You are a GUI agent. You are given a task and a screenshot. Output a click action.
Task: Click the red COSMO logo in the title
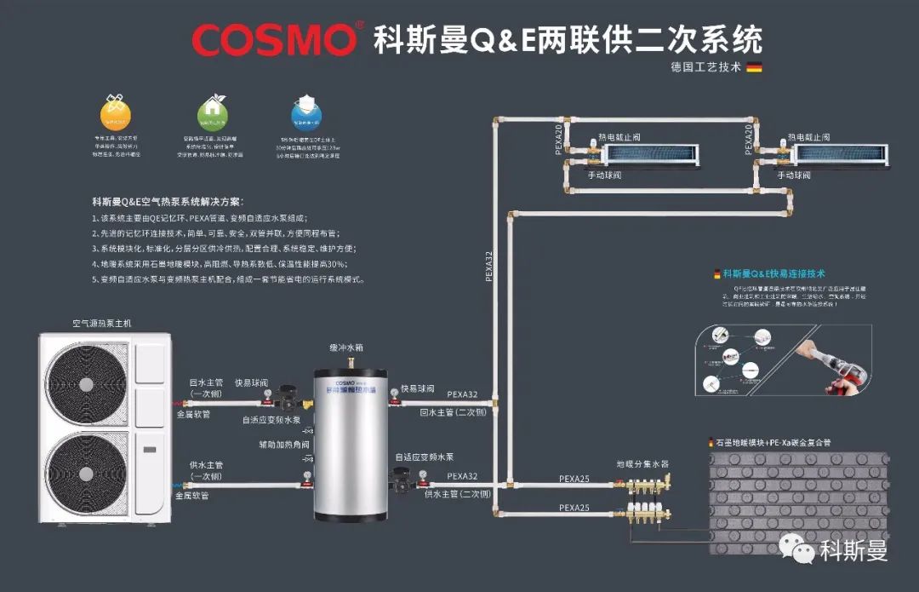(x=274, y=39)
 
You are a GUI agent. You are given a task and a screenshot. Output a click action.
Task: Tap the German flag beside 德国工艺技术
(x=754, y=67)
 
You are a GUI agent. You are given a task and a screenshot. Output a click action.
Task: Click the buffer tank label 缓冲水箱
(x=346, y=349)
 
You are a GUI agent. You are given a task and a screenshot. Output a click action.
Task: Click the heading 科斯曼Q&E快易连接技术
(x=773, y=274)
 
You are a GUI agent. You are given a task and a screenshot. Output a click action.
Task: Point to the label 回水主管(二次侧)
(x=454, y=412)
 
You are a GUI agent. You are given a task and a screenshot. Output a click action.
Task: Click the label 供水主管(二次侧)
(x=458, y=494)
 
